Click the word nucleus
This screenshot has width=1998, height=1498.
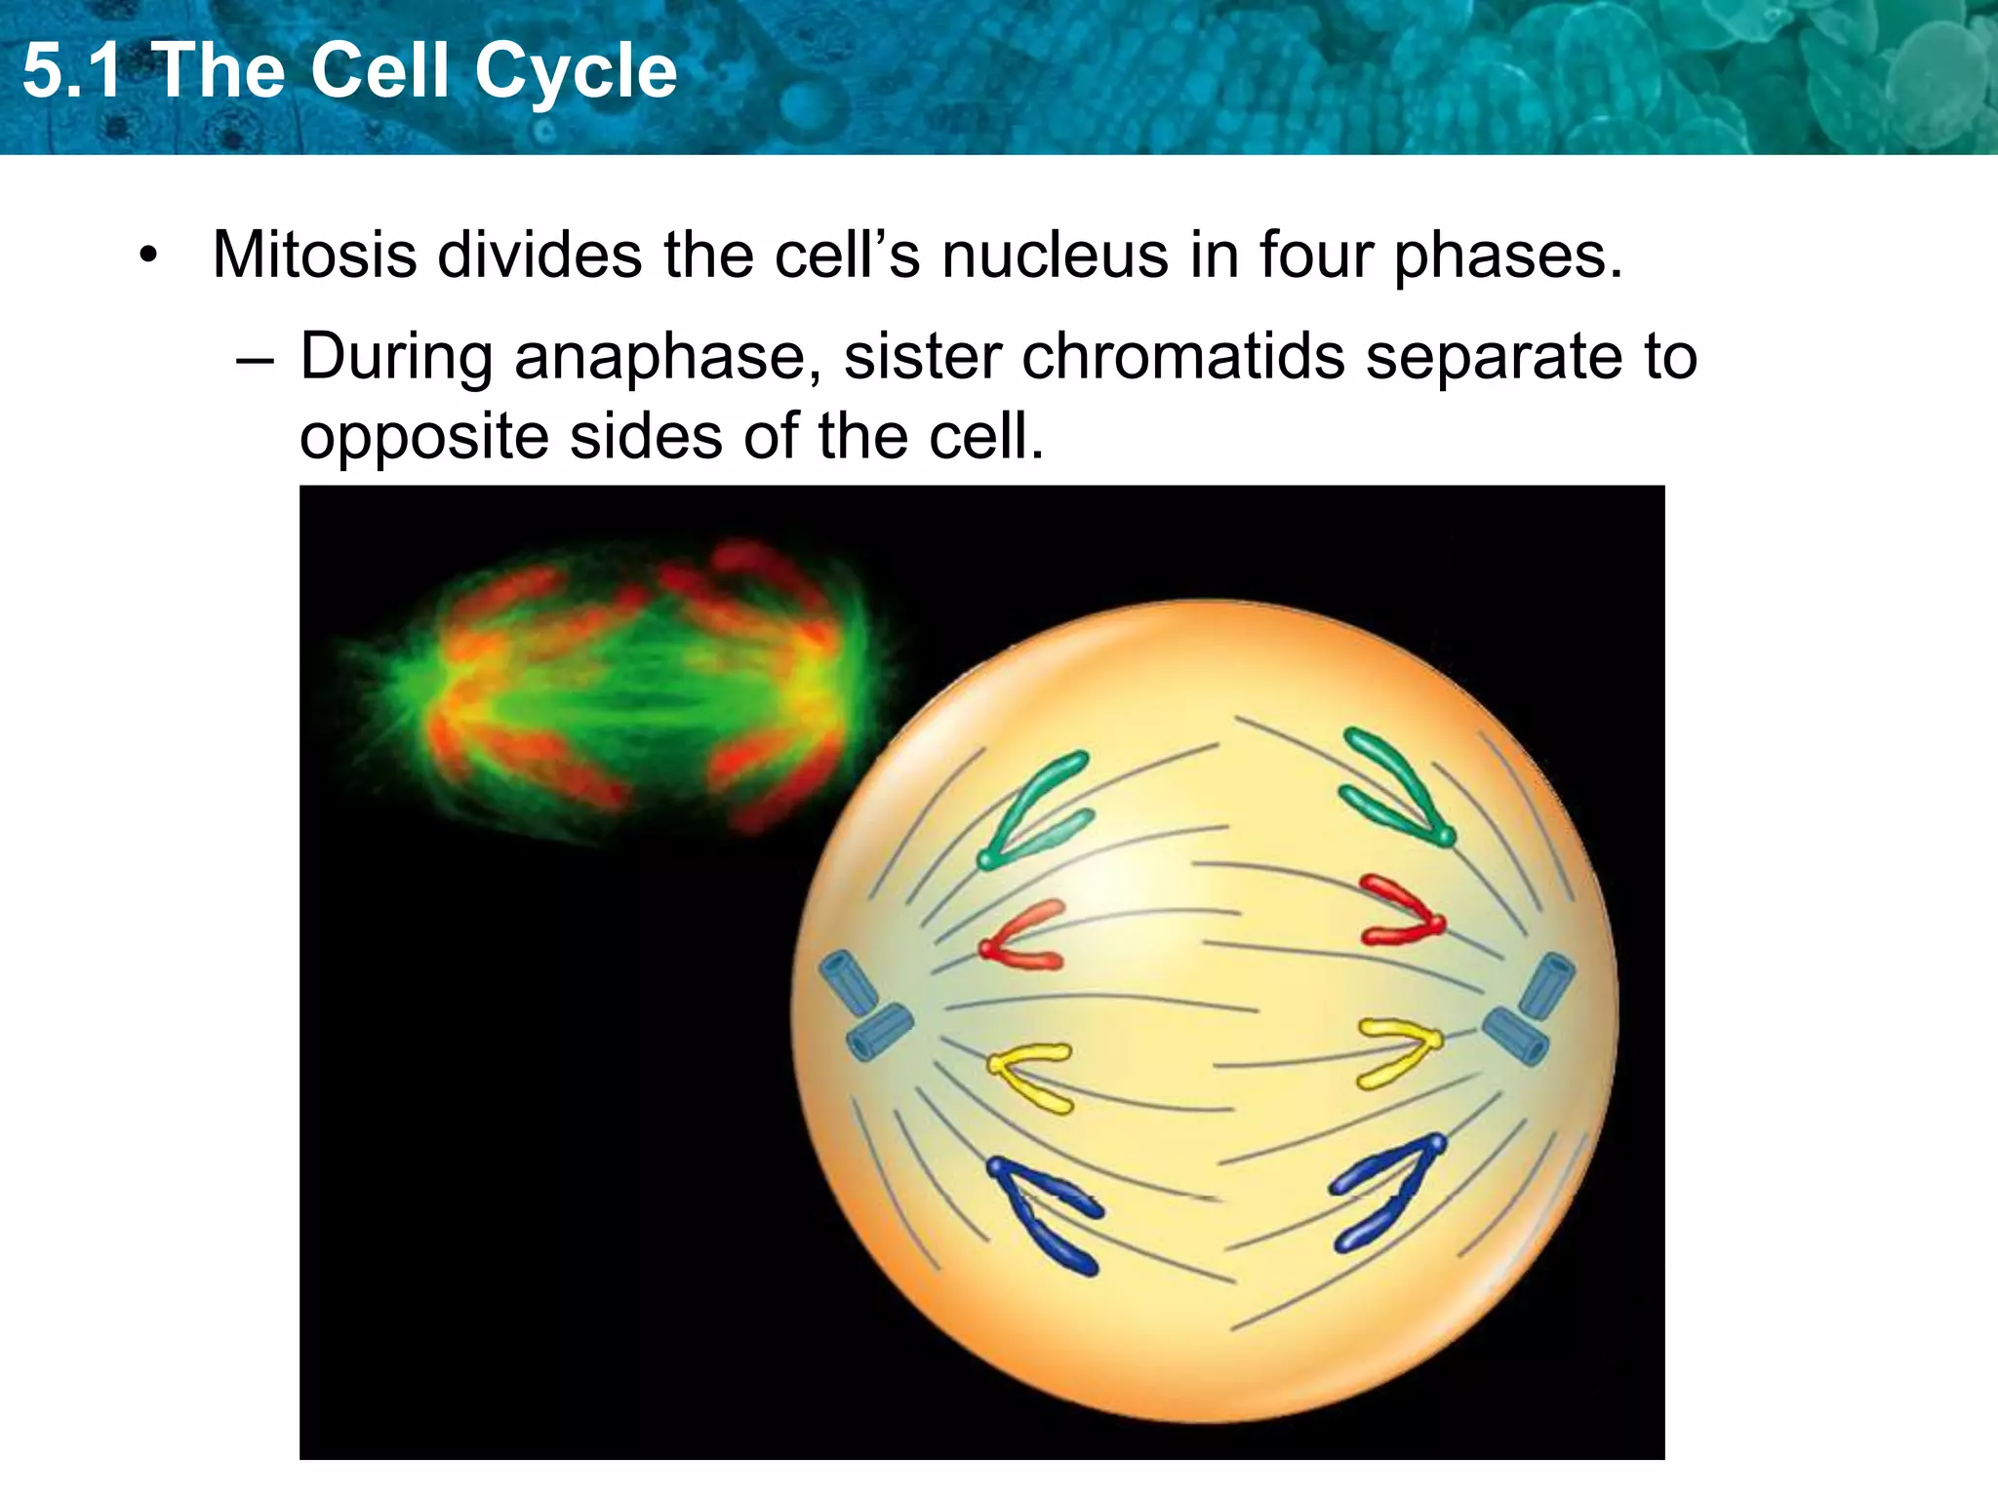pos(1056,256)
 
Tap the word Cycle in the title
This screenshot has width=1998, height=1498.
pos(576,74)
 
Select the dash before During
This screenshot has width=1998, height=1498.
pos(256,359)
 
